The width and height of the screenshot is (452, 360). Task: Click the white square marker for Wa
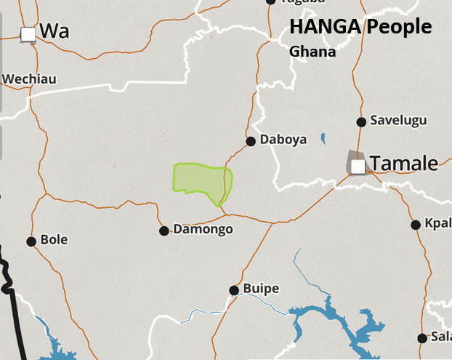click(x=28, y=33)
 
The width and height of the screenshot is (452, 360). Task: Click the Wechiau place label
click(x=29, y=79)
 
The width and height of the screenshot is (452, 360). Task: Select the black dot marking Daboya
click(x=251, y=141)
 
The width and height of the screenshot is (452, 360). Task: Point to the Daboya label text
click(x=284, y=139)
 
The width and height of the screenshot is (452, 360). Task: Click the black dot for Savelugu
click(x=361, y=121)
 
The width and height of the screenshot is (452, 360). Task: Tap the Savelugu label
click(x=399, y=120)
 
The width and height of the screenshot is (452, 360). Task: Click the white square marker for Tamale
click(x=358, y=167)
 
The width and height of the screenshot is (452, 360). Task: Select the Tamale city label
click(x=404, y=163)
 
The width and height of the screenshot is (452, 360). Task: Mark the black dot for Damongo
click(x=164, y=231)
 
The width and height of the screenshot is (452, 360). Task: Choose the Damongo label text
click(x=203, y=229)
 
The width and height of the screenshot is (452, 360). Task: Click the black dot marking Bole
click(x=31, y=241)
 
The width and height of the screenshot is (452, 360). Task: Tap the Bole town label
click(x=55, y=239)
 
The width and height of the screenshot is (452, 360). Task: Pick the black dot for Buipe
click(x=234, y=290)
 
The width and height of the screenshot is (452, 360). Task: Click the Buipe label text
click(x=260, y=289)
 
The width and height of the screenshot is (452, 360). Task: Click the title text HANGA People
click(x=360, y=28)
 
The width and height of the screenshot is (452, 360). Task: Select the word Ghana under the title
click(x=312, y=52)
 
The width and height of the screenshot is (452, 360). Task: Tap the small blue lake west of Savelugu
click(x=323, y=137)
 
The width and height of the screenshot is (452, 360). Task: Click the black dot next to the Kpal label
click(x=416, y=225)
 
